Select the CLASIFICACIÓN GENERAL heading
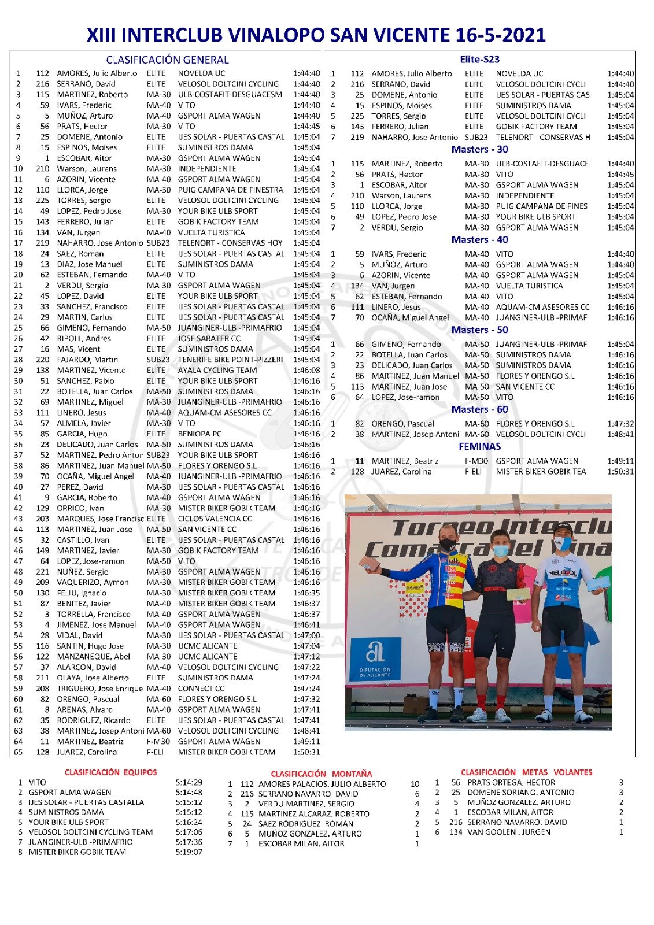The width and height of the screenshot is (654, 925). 167,60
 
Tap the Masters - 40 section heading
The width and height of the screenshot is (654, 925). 479,239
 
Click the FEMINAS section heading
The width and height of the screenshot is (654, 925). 479,446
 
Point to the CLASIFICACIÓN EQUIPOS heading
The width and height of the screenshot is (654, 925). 110,772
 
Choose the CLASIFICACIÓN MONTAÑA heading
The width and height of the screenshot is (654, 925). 321,774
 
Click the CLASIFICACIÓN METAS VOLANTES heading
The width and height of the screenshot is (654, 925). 526,772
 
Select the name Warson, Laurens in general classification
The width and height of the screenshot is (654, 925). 86,169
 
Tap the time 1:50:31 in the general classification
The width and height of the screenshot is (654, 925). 306,752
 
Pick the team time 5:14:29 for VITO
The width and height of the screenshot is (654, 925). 189,782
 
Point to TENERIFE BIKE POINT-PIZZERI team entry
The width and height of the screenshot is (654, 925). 230,360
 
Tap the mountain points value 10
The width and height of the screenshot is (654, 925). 415,784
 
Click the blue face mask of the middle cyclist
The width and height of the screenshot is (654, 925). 500,550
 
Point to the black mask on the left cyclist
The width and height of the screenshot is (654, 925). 447,544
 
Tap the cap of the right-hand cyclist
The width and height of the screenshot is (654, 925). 563,528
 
